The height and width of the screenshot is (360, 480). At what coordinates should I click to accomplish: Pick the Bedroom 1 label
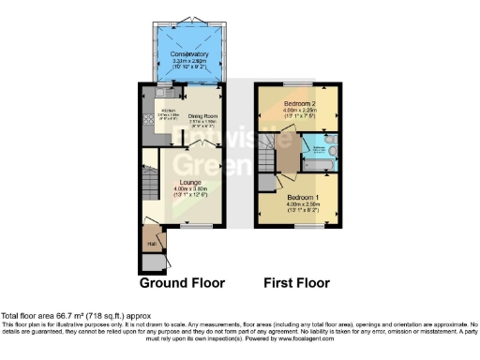tap(302, 198)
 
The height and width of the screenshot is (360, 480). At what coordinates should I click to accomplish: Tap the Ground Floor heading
tap(182, 282)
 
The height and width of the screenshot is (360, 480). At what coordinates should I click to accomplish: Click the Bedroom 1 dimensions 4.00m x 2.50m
tap(302, 205)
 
